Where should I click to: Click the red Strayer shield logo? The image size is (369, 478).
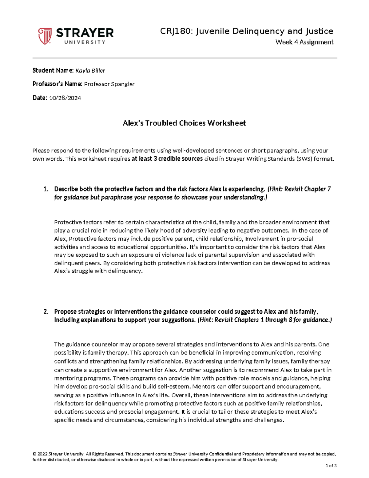pos(45,36)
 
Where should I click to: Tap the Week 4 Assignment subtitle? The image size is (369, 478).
pos(304,42)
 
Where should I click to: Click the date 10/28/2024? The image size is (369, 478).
pos(65,98)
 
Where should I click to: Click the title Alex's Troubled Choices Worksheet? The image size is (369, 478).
pos(184,123)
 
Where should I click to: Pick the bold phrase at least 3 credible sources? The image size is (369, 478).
pos(167,159)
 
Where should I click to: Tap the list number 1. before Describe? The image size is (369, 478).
pos(46,189)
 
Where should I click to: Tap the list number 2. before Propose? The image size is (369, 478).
pos(46,311)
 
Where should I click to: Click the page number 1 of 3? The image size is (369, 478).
pos(331,466)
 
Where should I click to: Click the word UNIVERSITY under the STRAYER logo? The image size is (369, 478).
pos(85,42)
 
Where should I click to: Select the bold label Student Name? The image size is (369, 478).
pos(53,70)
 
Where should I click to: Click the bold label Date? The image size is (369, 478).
pos(40,98)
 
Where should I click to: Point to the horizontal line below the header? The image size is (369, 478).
pos(184,58)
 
